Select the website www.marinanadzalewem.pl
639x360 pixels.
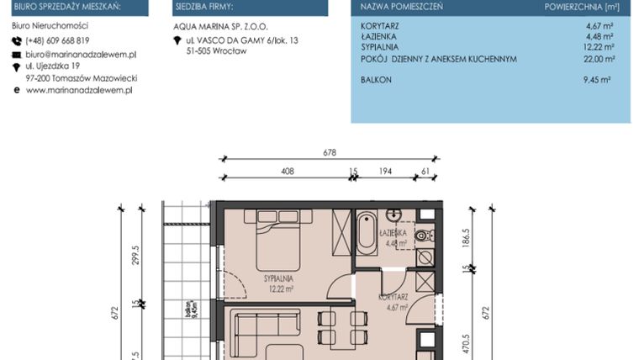(79, 90)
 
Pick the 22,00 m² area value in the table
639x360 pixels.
(600, 59)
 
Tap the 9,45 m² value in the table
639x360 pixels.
(598, 79)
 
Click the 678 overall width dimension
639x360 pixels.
(329, 152)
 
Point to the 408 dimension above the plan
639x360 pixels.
(286, 171)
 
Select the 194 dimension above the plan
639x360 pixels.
(385, 171)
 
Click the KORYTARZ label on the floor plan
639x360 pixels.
(393, 297)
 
